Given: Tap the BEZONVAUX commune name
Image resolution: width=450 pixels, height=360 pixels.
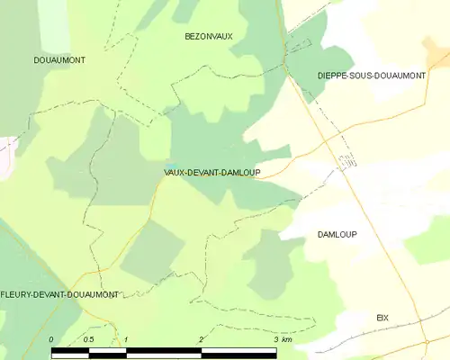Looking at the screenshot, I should pos(208,36).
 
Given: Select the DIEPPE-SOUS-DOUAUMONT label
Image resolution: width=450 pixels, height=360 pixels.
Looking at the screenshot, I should pos(372,76).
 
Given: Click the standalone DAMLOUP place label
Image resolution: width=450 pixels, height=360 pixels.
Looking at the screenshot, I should pos(337,234).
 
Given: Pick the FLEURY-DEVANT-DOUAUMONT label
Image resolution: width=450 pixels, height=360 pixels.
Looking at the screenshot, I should pos(60,294).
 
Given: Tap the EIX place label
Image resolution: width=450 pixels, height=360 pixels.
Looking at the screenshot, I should pos(382,318).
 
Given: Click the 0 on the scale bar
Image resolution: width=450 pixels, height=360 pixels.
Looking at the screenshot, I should pos(51,339).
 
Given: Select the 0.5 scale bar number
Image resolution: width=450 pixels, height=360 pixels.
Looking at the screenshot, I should pos(88,339).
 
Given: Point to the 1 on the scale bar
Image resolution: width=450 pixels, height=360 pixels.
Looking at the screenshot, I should pos(127,339).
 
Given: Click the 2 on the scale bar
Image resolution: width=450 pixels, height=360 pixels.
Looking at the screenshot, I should pos(202,339).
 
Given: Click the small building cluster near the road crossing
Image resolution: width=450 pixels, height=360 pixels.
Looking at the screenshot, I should pos(346,160).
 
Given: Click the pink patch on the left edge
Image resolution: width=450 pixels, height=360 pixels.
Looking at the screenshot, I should pos(5,153).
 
